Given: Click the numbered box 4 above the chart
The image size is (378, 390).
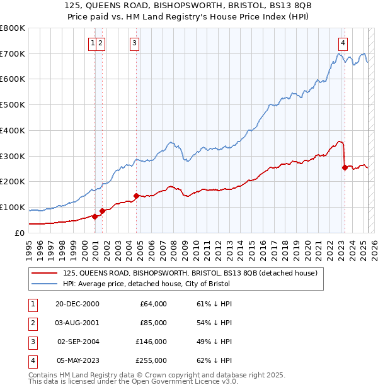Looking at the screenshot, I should point(343,43).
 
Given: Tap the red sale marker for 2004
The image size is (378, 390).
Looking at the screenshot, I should point(136,196).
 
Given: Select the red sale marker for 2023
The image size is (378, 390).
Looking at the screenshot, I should point(345,167).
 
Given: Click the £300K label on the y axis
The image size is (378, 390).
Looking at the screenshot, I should point(13,156).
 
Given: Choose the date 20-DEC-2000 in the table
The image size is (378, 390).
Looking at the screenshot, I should point(77,304).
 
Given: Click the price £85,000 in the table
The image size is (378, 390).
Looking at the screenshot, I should point(153,323).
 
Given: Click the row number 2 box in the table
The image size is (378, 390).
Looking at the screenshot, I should point(31,323).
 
